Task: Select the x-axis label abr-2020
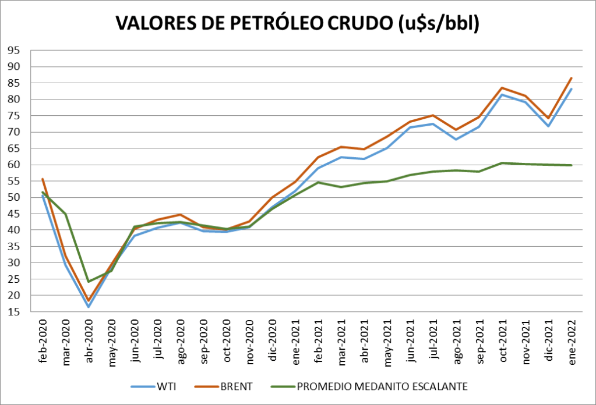tap(89, 340)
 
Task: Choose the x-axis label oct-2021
tap(502, 340)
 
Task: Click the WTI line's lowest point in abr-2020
tap(89, 307)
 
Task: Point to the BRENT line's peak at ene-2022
tap(571, 78)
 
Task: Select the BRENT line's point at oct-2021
tap(502, 88)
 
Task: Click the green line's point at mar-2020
tap(66, 214)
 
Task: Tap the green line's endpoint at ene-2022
tap(571, 165)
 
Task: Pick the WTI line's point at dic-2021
tap(548, 126)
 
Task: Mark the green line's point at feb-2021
tap(318, 182)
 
